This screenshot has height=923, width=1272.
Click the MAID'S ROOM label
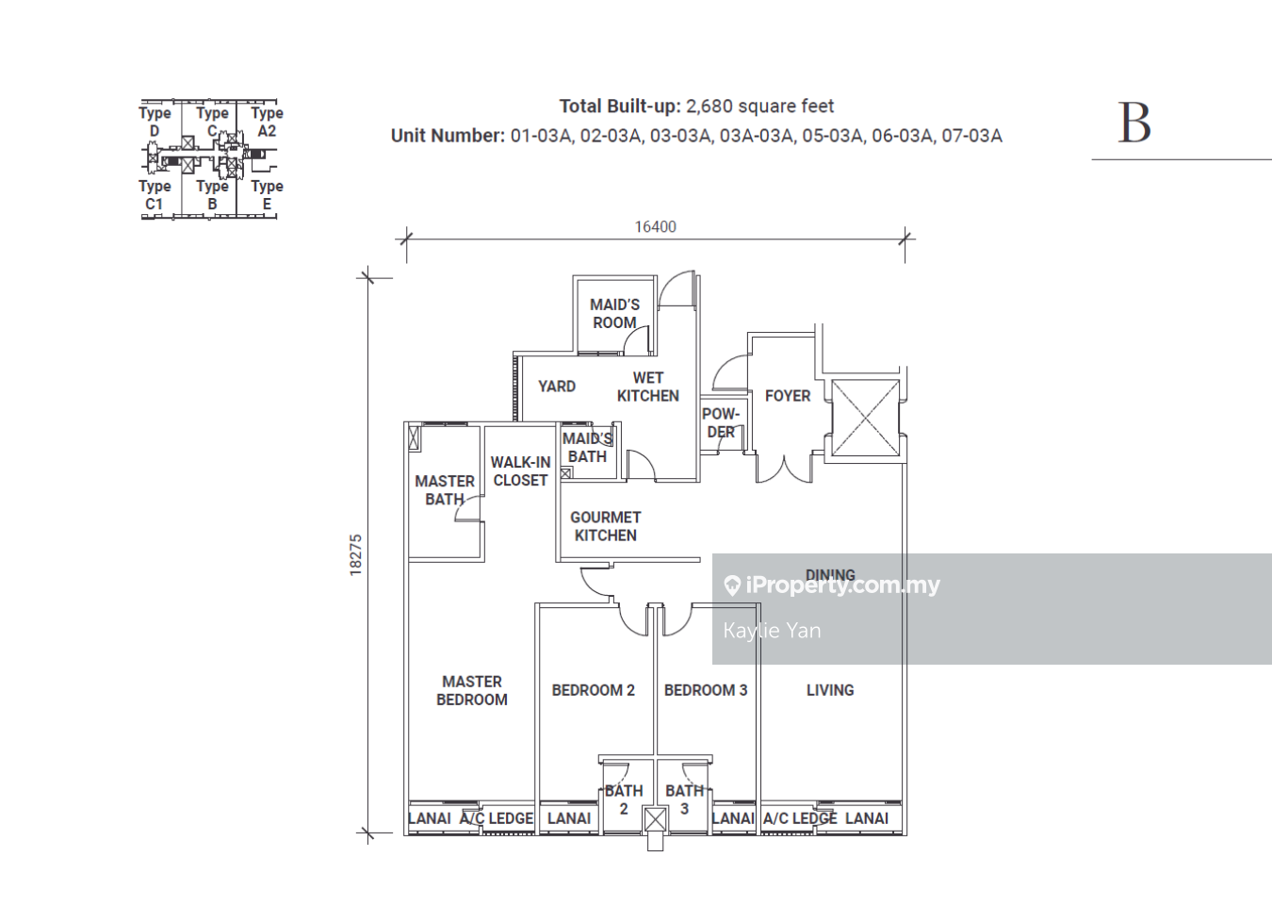614,313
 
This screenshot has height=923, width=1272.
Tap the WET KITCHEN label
647,387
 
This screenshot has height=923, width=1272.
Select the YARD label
556,387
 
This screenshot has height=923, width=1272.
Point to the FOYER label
788,396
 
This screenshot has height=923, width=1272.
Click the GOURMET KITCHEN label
605,526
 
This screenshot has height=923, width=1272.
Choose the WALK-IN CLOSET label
520,471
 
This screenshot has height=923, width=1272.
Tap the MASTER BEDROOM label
472,690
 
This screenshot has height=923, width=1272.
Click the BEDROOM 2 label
593,690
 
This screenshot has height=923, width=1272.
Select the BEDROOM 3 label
705,690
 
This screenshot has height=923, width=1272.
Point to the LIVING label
830,690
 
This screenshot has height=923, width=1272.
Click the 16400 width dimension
655,227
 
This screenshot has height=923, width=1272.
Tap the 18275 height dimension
355,555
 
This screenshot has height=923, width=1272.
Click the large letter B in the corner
1134,123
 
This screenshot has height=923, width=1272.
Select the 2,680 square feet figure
759,107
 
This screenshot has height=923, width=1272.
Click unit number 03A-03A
757,136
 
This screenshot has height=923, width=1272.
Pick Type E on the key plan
267,195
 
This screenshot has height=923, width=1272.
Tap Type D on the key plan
155,122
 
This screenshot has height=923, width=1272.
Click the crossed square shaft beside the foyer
865,418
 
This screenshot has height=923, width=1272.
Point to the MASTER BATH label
445,490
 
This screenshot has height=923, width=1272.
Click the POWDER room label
721,422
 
